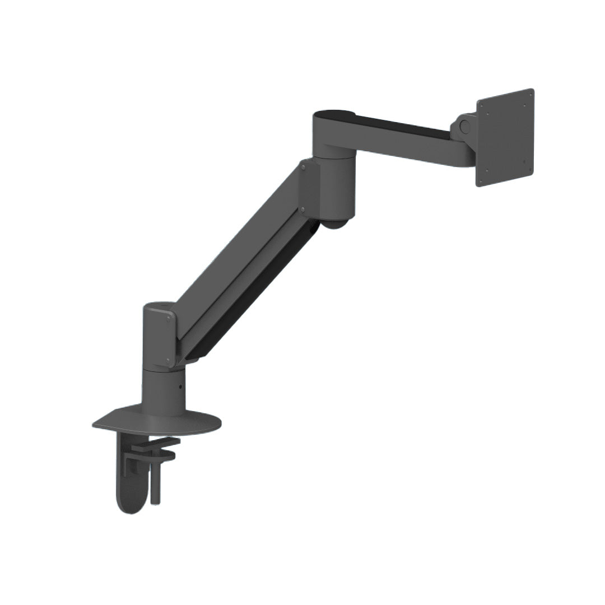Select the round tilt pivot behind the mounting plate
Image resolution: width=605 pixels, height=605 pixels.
point(463,125)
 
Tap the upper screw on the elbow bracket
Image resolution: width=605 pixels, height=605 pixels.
point(303,166)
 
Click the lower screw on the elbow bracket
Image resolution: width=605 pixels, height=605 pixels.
point(303,210)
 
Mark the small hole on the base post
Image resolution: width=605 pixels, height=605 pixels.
point(180,387)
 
